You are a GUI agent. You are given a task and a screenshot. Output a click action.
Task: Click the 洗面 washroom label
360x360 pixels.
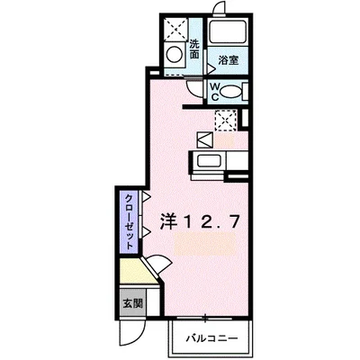pyautogui.click(x=195, y=49)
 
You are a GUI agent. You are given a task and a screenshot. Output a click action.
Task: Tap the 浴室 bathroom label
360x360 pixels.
pyautogui.click(x=228, y=61)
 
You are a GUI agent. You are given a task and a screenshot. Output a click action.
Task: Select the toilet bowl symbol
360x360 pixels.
pyautogui.click(x=231, y=90)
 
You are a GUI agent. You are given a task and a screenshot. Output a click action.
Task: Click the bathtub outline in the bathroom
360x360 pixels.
pyautogui.click(x=229, y=34)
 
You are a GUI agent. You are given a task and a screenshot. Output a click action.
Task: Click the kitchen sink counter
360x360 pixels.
pyautogui.click(x=210, y=164)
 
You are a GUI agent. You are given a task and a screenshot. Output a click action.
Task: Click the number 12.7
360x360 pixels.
pyautogui.click(x=212, y=219)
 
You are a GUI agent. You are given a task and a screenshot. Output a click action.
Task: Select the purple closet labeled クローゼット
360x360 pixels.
pyautogui.click(x=130, y=221)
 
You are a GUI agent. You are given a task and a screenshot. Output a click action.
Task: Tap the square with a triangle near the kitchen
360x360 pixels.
pyautogui.click(x=203, y=140)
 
